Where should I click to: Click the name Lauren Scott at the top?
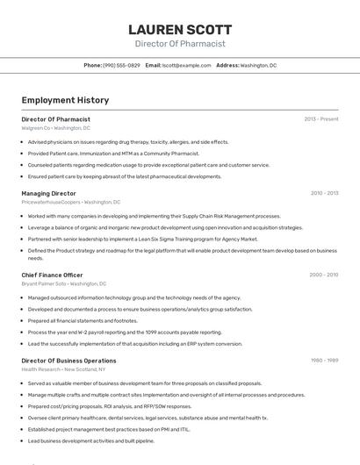pyautogui.click(x=180, y=30)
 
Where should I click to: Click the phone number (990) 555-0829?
pyautogui.click(x=121, y=65)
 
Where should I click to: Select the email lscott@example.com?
pyautogui.click(x=186, y=65)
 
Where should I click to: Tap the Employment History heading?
pyautogui.click(x=65, y=101)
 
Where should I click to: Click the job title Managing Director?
pyautogui.click(x=48, y=193)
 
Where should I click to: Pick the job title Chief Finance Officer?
pyautogui.click(x=52, y=275)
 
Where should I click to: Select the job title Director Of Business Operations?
pyautogui.click(x=68, y=361)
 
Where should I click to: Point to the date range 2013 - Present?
pyautogui.click(x=321, y=118)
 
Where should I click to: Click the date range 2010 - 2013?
pyautogui.click(x=324, y=193)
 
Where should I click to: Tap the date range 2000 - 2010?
pyautogui.click(x=324, y=275)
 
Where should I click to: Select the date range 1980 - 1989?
pyautogui.click(x=324, y=361)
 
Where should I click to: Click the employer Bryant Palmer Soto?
pyautogui.click(x=43, y=283)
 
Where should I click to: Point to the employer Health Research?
pyautogui.click(x=41, y=369)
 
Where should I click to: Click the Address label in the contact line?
pyautogui.click(x=227, y=65)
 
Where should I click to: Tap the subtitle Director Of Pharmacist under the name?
pyautogui.click(x=180, y=44)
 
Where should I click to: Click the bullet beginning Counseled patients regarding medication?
pyautogui.click(x=148, y=165)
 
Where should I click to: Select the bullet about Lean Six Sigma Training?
pyautogui.click(x=142, y=239)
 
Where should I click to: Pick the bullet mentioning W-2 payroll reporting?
pyautogui.click(x=125, y=333)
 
